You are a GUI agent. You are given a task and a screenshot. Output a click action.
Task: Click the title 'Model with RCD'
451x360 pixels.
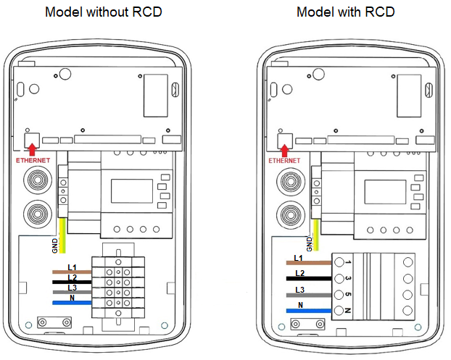(345, 13)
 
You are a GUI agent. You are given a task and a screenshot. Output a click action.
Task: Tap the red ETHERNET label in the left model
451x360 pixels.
(33, 159)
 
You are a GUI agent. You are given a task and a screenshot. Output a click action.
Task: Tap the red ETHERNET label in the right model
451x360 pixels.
(284, 160)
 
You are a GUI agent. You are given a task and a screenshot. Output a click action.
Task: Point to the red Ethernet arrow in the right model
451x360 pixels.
(284, 150)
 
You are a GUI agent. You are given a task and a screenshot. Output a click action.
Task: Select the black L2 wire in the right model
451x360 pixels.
(309, 278)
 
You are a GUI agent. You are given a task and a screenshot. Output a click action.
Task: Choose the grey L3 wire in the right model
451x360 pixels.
(309, 296)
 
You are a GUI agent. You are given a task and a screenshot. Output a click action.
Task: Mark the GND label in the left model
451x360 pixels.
(55, 246)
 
